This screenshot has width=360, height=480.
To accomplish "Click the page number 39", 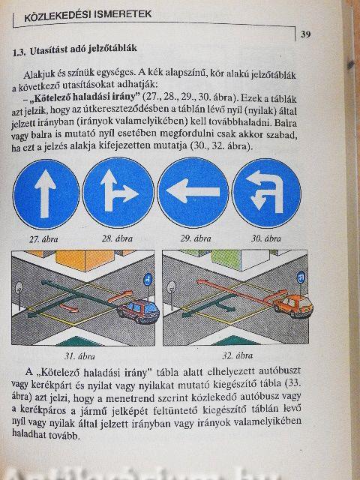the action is coord(305,34).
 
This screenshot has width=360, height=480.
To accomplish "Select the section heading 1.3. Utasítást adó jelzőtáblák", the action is coord(75,49).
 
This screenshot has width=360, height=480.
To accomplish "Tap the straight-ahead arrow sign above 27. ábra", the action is coord(46,194).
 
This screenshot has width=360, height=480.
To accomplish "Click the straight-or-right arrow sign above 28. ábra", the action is coord(118,193).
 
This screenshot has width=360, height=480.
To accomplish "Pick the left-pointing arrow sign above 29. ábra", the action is coord(193,193).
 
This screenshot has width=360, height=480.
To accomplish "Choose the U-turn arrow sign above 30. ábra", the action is coord(266,193).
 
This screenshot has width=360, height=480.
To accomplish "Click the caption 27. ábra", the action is coord(43,239).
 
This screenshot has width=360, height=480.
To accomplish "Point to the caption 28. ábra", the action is coord(117,238).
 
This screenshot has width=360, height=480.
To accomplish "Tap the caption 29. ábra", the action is coord(196,238).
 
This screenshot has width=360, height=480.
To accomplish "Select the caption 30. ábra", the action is coord(265,238).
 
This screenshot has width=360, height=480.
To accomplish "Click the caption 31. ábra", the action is coord(79,356).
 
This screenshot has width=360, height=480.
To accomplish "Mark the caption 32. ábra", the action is coord(237,355).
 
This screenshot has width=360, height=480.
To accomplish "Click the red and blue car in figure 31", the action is coord(139,310).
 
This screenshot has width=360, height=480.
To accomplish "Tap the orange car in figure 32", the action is coord(293,305).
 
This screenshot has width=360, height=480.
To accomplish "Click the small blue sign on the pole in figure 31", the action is coord(148,279).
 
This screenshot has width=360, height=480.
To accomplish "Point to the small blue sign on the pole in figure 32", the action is coord(301,278).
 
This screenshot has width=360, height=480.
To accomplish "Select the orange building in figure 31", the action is coord(85,260).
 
